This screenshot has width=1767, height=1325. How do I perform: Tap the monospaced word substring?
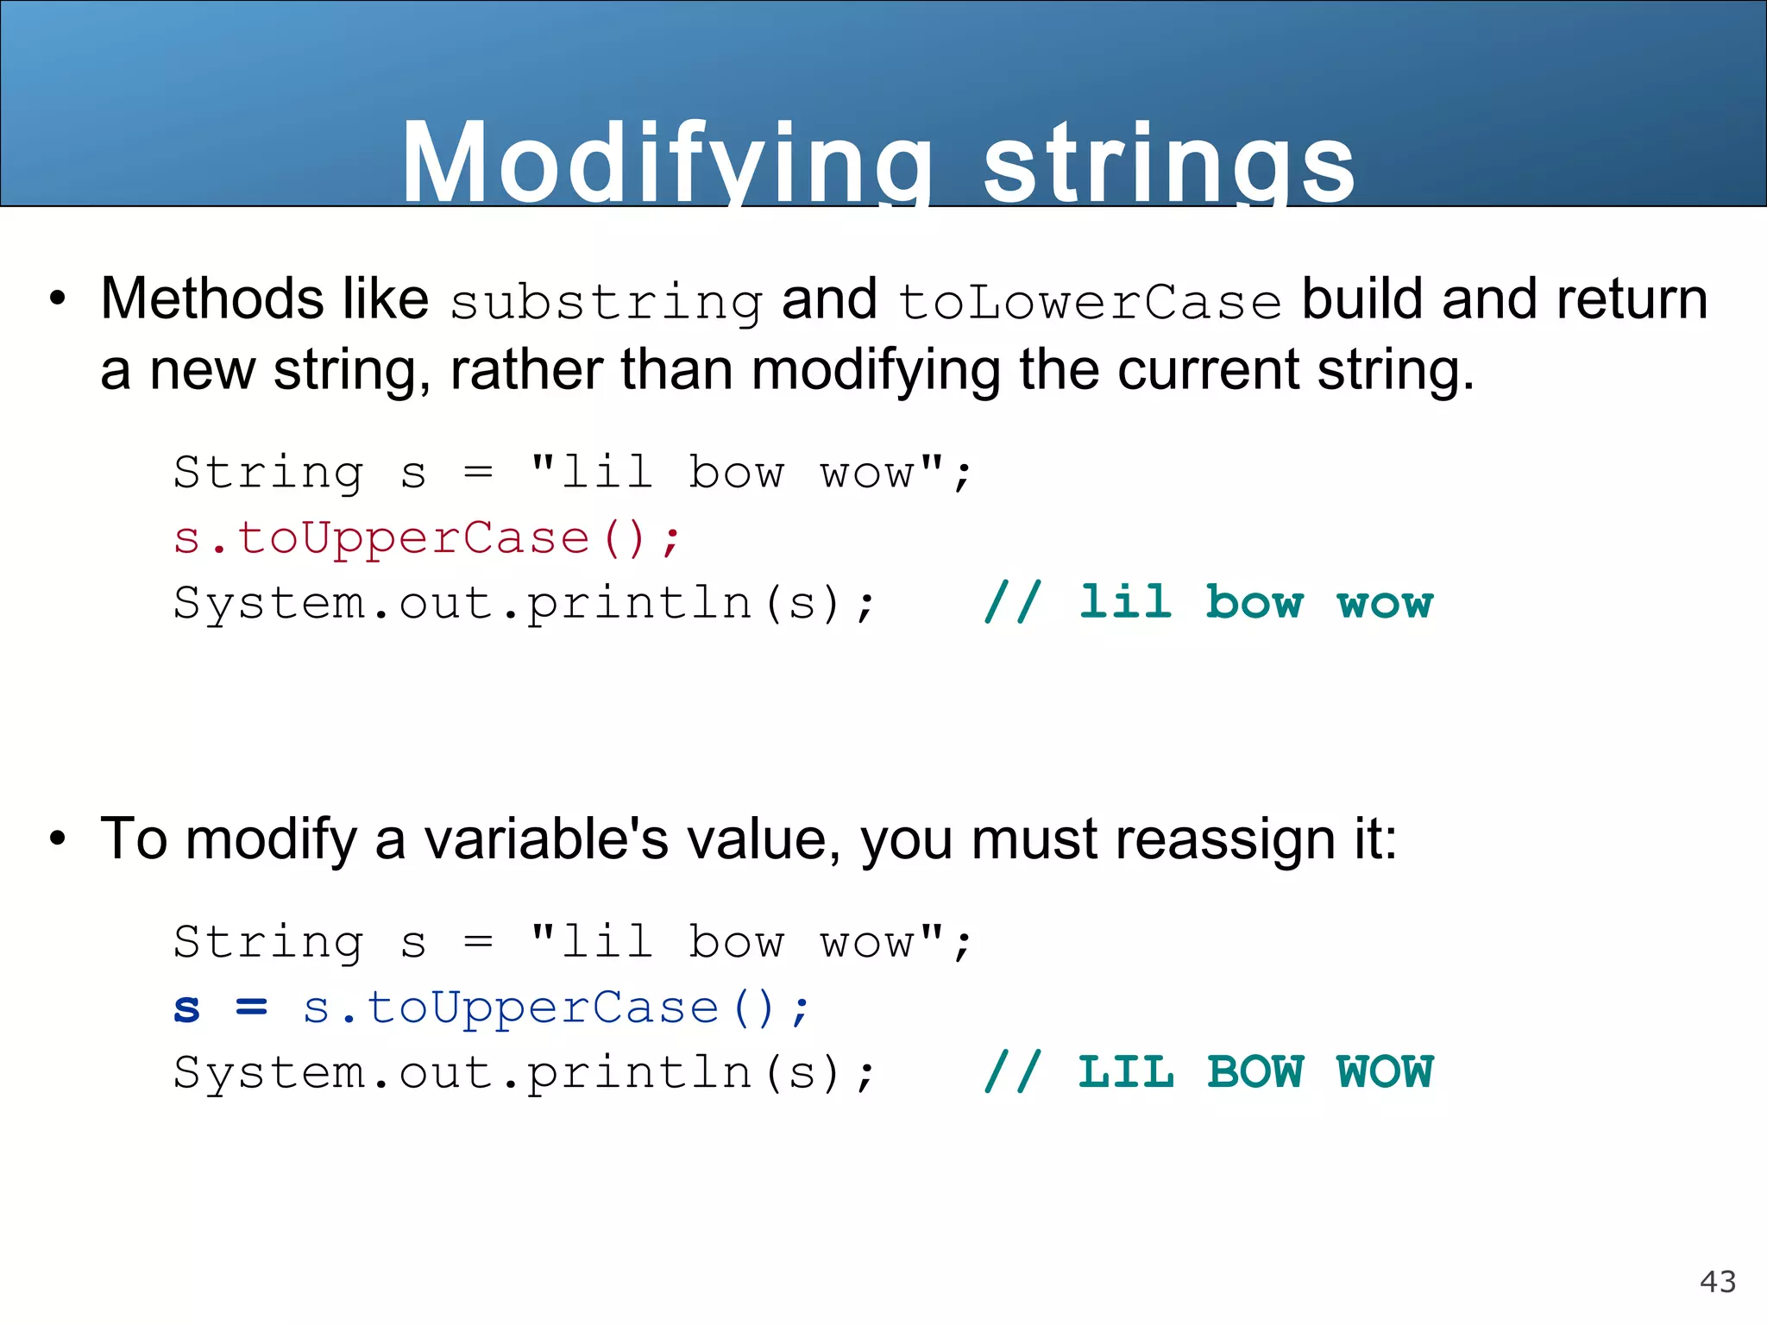(x=606, y=302)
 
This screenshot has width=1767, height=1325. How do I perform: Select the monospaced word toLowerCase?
(x=1090, y=302)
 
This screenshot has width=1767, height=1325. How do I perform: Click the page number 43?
(x=1717, y=1282)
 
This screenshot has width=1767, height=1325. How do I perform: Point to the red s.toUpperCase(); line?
(x=427, y=538)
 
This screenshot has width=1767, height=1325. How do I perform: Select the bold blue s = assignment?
(x=221, y=1008)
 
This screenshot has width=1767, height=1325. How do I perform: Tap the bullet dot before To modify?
(x=58, y=838)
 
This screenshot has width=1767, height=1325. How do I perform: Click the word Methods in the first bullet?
(x=211, y=299)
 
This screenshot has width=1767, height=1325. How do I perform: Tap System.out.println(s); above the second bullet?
(x=524, y=602)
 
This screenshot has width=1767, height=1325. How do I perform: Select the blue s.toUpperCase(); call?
(x=557, y=1008)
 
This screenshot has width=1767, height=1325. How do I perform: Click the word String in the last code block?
(x=267, y=942)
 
